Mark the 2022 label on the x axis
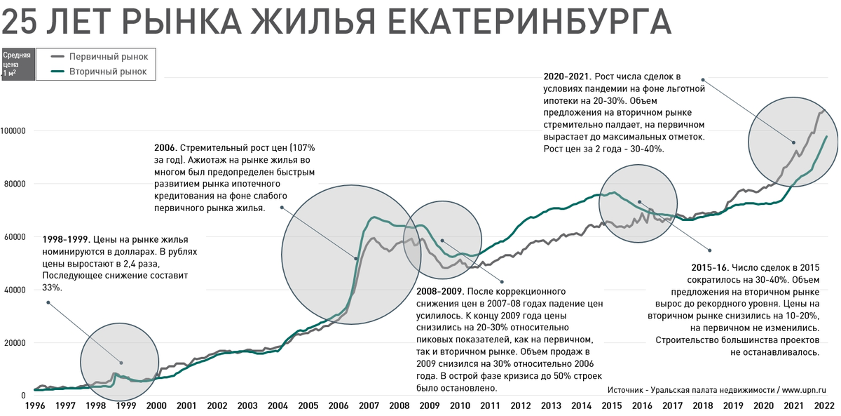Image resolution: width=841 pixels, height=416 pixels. coord(824,405)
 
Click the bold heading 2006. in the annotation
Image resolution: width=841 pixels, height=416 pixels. coord(165,149)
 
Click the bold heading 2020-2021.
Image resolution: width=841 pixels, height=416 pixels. coord(568,76)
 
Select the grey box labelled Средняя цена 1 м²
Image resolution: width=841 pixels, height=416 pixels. coord(17,63)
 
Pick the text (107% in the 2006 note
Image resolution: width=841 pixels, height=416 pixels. coord(299,149)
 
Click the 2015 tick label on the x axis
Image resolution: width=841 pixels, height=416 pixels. coord(611,405)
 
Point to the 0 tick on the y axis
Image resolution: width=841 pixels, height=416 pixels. coord(23,396)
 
